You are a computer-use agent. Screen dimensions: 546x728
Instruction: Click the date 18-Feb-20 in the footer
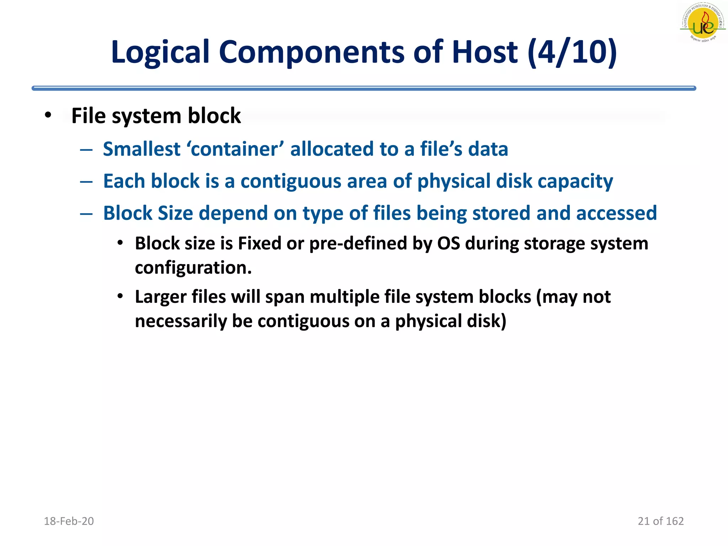[69, 521]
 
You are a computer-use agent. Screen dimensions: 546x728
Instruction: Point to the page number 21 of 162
[660, 521]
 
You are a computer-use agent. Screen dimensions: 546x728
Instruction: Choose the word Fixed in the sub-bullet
[259, 244]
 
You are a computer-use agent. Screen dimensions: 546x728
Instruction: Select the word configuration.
[193, 268]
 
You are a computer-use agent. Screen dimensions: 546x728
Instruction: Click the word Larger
[160, 297]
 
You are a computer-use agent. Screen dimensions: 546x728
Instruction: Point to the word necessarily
[181, 321]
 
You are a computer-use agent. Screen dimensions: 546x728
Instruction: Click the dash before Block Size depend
[86, 214]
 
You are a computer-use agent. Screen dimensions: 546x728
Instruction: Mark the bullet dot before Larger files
[120, 296]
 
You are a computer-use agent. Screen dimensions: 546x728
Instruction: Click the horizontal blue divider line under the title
[364, 88]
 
